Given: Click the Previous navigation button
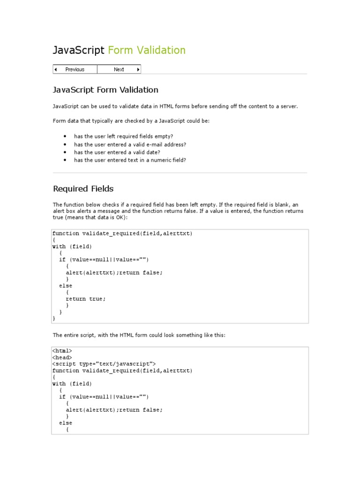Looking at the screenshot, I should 75,69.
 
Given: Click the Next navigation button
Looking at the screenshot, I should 119,69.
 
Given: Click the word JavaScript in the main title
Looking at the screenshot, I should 78,50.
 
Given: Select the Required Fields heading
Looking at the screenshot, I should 83,189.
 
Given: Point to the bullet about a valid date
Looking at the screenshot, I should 117,152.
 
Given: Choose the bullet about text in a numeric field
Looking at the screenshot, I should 130,160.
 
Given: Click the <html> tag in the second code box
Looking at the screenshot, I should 62,351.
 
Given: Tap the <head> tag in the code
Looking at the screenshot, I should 62,358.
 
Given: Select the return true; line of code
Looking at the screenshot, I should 86,299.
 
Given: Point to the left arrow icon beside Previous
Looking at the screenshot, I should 56,69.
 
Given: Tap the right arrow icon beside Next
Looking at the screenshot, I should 138,69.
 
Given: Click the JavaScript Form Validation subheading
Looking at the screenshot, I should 105,90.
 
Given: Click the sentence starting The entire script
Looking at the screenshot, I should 139,335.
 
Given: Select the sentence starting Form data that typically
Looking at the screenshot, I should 132,121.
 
